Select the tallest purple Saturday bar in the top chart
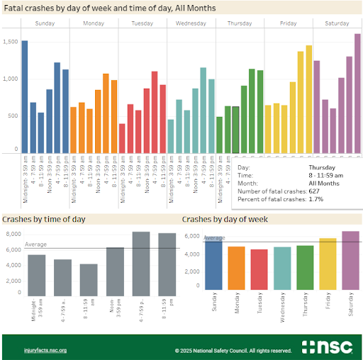(357, 93)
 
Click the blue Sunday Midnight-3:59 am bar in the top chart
(24, 96)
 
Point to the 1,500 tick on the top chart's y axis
(10, 43)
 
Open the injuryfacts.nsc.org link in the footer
(45, 350)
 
